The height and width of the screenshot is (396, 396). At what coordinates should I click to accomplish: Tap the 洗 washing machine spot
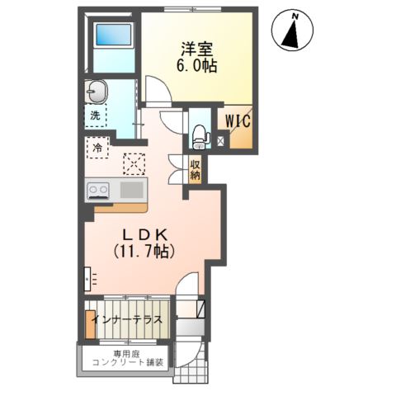tap(95, 115)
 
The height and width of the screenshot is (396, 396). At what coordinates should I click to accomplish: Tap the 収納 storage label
tap(196, 170)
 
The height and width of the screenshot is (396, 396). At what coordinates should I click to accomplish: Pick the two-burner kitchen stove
tap(98, 191)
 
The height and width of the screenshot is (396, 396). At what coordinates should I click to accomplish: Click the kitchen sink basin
tap(132, 191)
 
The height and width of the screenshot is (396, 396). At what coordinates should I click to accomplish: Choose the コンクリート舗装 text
tap(128, 362)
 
